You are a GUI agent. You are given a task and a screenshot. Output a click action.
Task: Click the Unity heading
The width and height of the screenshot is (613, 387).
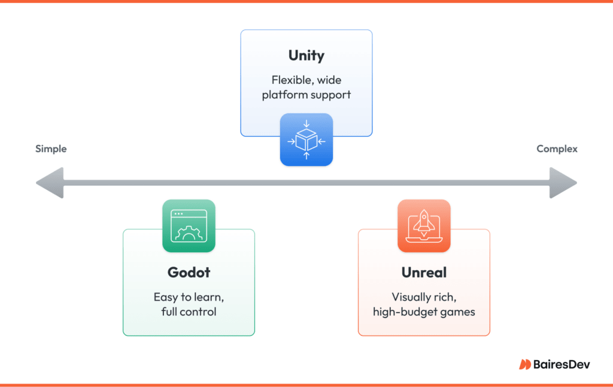point(306,56)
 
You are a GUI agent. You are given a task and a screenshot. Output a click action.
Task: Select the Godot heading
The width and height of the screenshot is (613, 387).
point(189,273)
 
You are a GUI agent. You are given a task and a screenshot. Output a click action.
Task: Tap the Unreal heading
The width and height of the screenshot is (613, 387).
point(424,273)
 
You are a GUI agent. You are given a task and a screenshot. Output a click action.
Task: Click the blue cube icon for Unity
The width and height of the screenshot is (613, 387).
point(306,140)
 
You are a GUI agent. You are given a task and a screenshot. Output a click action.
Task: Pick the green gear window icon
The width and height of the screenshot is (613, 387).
point(189,226)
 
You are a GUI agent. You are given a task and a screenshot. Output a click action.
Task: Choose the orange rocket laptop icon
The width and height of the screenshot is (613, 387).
point(424,226)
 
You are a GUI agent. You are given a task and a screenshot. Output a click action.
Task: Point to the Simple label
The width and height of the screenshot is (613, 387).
point(51,149)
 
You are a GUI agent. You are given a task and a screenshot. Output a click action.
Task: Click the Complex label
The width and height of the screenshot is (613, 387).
point(557,149)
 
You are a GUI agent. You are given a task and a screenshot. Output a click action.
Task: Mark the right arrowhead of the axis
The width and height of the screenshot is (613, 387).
point(563,183)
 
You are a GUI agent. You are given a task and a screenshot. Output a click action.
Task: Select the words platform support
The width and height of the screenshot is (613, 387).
point(306,95)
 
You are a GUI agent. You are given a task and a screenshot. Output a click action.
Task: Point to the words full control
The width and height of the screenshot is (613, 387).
point(189,312)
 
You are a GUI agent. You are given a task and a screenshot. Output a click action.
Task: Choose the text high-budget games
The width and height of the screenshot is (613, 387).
point(424,312)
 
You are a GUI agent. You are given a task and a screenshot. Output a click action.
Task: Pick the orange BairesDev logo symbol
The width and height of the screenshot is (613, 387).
point(524,364)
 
